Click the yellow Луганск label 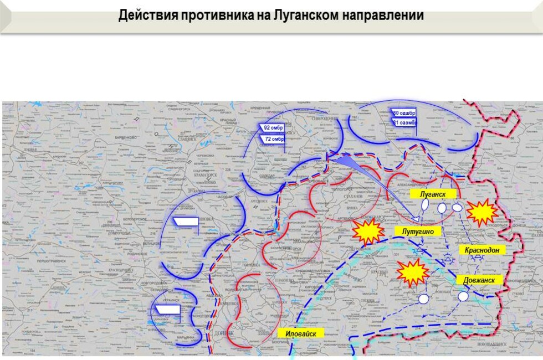point(433,194)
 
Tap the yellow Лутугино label point(418,231)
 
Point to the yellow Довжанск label point(479,280)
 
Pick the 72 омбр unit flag point(274,139)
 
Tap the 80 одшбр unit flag point(403,112)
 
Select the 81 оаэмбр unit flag point(403,122)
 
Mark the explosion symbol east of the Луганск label point(481,212)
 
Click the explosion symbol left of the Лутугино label point(368,232)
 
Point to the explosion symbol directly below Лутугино point(413,271)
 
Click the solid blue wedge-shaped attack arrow point(346,162)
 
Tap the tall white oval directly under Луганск point(426,204)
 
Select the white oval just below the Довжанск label point(463,296)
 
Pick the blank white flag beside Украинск point(167,309)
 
